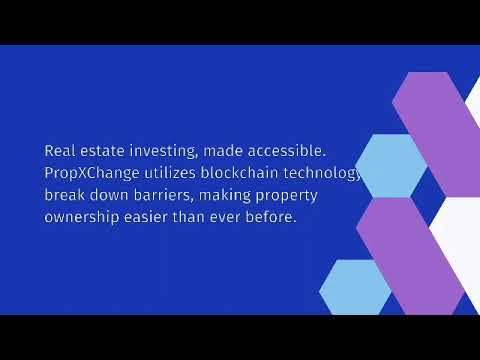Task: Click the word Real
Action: tap(59, 150)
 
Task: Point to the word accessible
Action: tap(289, 150)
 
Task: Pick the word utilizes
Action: tap(164, 172)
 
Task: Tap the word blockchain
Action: tap(237, 172)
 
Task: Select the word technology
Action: tap(319, 173)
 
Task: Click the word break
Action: tap(65, 194)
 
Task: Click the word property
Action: tap(306, 195)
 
